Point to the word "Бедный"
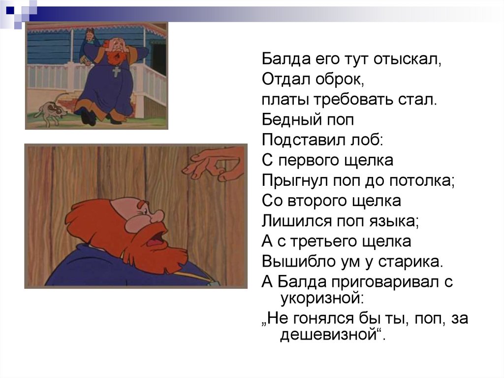tap(291, 120)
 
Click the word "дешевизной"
tap(331, 335)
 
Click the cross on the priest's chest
tap(116, 71)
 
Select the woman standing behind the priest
tap(89, 45)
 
